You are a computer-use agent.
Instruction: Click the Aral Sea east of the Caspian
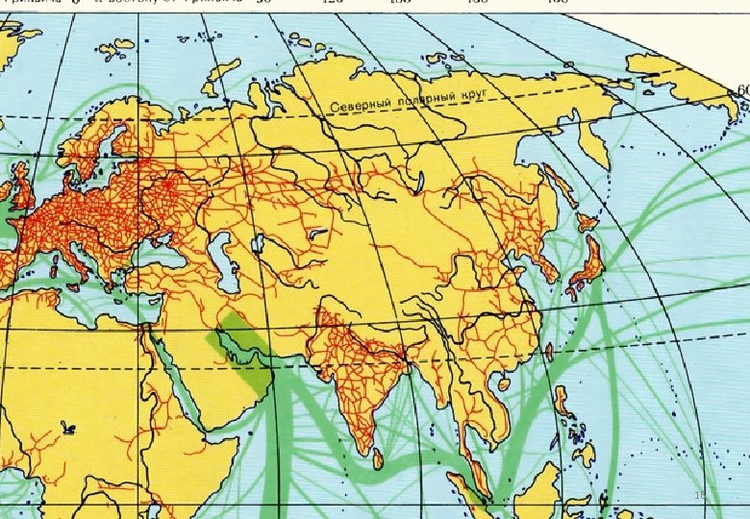coord(257,241)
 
